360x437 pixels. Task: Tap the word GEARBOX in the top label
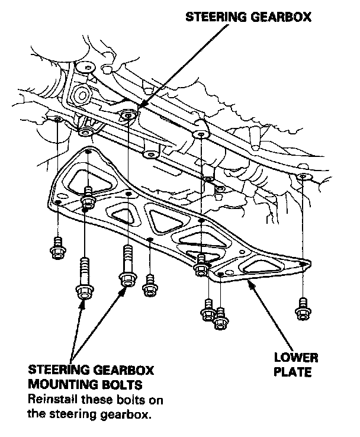pos(284,17)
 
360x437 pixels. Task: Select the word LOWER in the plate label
pos(295,358)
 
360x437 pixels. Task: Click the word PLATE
pos(295,373)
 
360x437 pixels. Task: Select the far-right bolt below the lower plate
pos(303,307)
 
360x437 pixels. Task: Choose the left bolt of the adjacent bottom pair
pos(207,311)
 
